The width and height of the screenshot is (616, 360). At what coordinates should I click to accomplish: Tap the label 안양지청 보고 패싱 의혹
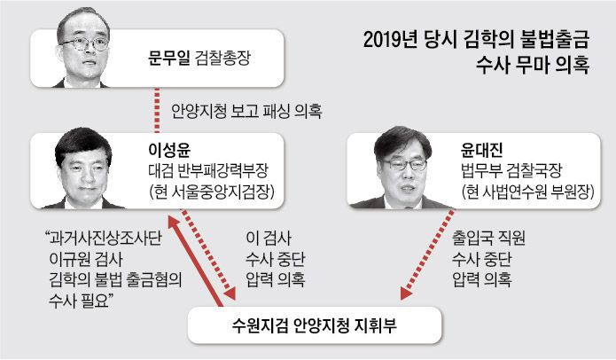pyautogui.click(x=245, y=113)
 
